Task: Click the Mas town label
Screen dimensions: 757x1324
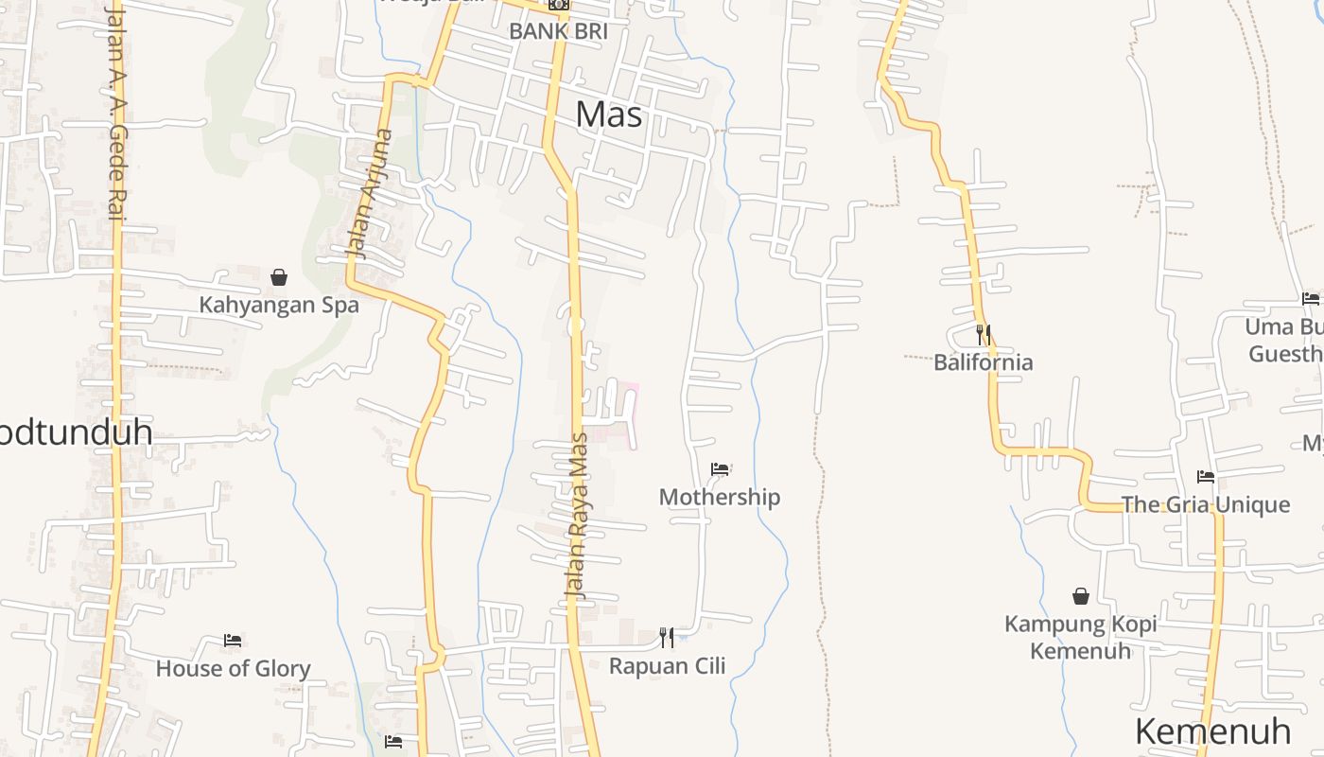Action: [x=609, y=114]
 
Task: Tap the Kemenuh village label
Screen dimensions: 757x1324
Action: [x=1212, y=731]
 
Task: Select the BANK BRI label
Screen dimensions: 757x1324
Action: [x=558, y=31]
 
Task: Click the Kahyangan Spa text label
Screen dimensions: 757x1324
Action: [x=279, y=305]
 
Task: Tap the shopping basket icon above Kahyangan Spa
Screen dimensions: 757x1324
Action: [x=279, y=277]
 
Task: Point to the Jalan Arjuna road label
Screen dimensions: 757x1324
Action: [x=370, y=194]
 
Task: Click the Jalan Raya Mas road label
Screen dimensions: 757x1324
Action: [x=577, y=517]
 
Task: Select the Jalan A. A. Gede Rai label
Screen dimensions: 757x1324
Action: [x=115, y=112]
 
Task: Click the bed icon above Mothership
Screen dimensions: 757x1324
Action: [x=720, y=468]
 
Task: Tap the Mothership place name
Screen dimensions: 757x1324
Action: [x=720, y=497]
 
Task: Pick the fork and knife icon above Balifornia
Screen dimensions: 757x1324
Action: [x=984, y=334]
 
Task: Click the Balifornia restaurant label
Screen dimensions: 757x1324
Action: [x=984, y=362]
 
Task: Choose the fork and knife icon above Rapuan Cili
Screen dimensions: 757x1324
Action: [x=667, y=637]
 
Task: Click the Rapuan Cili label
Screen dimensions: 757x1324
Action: [x=667, y=665]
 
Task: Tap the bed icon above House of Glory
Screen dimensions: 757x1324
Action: [x=233, y=641]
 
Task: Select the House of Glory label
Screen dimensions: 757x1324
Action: [x=233, y=669]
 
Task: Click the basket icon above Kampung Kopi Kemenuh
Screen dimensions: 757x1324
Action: [x=1081, y=596]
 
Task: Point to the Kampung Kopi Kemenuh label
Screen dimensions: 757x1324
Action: [x=1081, y=637]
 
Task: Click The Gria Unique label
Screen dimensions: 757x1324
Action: [x=1206, y=504]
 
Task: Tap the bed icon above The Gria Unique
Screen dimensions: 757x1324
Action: [x=1206, y=476]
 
